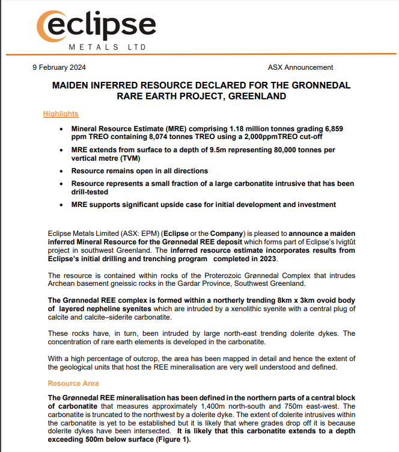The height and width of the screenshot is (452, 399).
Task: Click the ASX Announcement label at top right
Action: coord(300,67)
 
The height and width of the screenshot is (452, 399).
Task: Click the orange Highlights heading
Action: coord(61,114)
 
